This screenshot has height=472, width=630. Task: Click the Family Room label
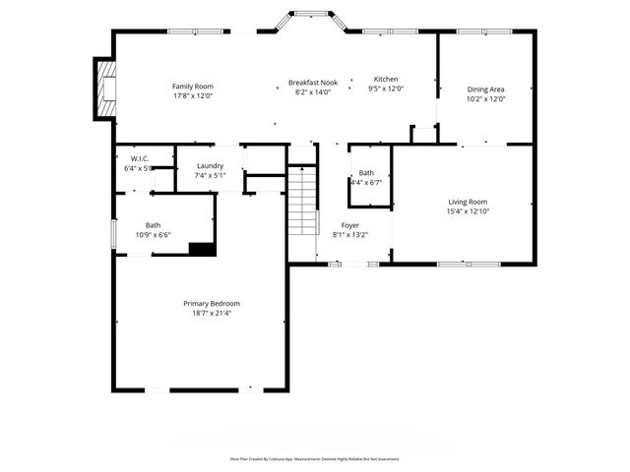tap(193, 87)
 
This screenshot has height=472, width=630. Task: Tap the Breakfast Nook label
tap(313, 83)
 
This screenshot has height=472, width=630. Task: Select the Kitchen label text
tap(386, 79)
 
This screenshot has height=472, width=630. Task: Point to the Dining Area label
tap(485, 88)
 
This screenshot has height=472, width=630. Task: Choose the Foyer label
tap(350, 225)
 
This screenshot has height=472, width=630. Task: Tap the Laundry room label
tap(210, 166)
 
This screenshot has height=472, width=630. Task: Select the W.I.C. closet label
tap(139, 158)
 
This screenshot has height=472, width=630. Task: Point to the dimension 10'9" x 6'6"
tap(153, 235)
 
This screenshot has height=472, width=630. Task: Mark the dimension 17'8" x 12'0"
tap(193, 96)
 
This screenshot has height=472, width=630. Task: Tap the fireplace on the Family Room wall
tap(104, 89)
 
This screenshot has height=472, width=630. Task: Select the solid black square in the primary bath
tap(202, 249)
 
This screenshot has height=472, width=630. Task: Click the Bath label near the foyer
tap(366, 173)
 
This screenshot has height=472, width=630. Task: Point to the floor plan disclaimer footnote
tap(315, 458)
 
